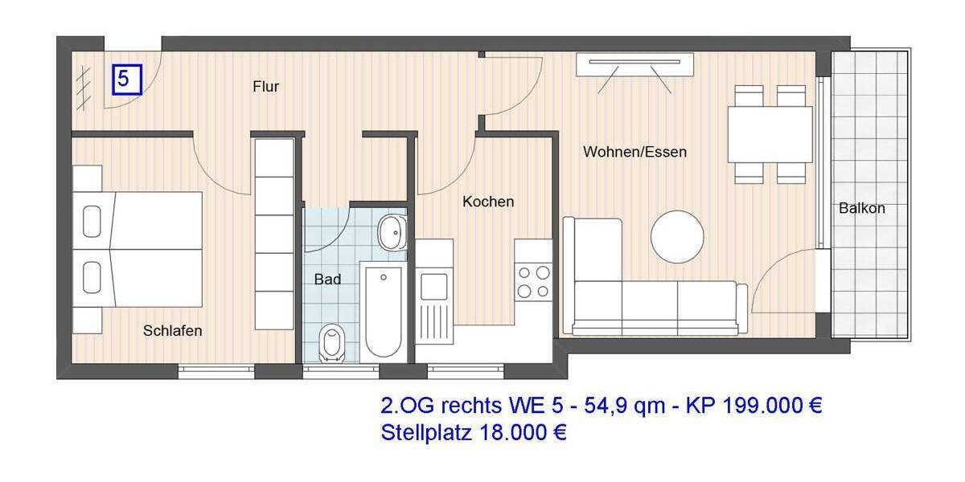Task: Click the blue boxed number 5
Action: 126,80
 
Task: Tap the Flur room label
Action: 265,87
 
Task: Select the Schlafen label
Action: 172,330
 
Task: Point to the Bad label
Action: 327,280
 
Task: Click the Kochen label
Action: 487,202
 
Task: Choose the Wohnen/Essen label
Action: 634,151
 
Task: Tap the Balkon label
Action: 861,208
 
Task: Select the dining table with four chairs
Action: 770,134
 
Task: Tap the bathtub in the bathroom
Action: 384,311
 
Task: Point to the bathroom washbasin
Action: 392,232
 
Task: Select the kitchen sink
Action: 434,285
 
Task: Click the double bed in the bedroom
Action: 137,249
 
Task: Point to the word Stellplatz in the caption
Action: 426,433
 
